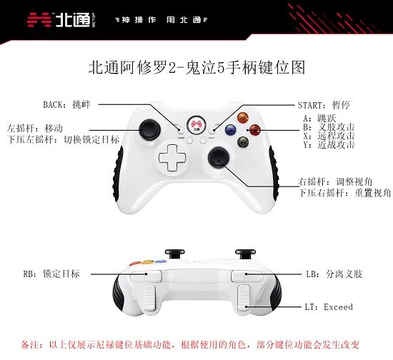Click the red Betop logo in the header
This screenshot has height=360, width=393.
pos(39,20)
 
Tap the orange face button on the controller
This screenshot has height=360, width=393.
pos(242,117)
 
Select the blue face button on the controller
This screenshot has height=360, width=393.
pos(231,129)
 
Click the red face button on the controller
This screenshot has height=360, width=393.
pos(254,130)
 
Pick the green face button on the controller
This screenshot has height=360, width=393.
pos(243,142)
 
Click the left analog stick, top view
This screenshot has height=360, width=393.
pos(150,129)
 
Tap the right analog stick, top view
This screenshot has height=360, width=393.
pos(219,157)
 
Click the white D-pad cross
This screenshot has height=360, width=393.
pos(171,158)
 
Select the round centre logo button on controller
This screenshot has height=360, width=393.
pos(196,124)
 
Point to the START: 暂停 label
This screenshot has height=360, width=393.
pos(324,105)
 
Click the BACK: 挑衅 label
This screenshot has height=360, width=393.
pos(66,104)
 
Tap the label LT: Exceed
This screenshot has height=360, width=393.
pos(329,307)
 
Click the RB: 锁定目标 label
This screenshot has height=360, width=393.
pos(51,274)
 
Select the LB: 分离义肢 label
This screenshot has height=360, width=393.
pos(334,274)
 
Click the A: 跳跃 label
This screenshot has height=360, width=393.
pos(319,119)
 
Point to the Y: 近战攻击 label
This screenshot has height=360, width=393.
pos(329,144)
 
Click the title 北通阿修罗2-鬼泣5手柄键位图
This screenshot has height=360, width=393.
pos(197,67)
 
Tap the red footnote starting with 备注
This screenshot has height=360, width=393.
pos(190,345)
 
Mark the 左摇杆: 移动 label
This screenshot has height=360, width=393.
pos(34,129)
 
